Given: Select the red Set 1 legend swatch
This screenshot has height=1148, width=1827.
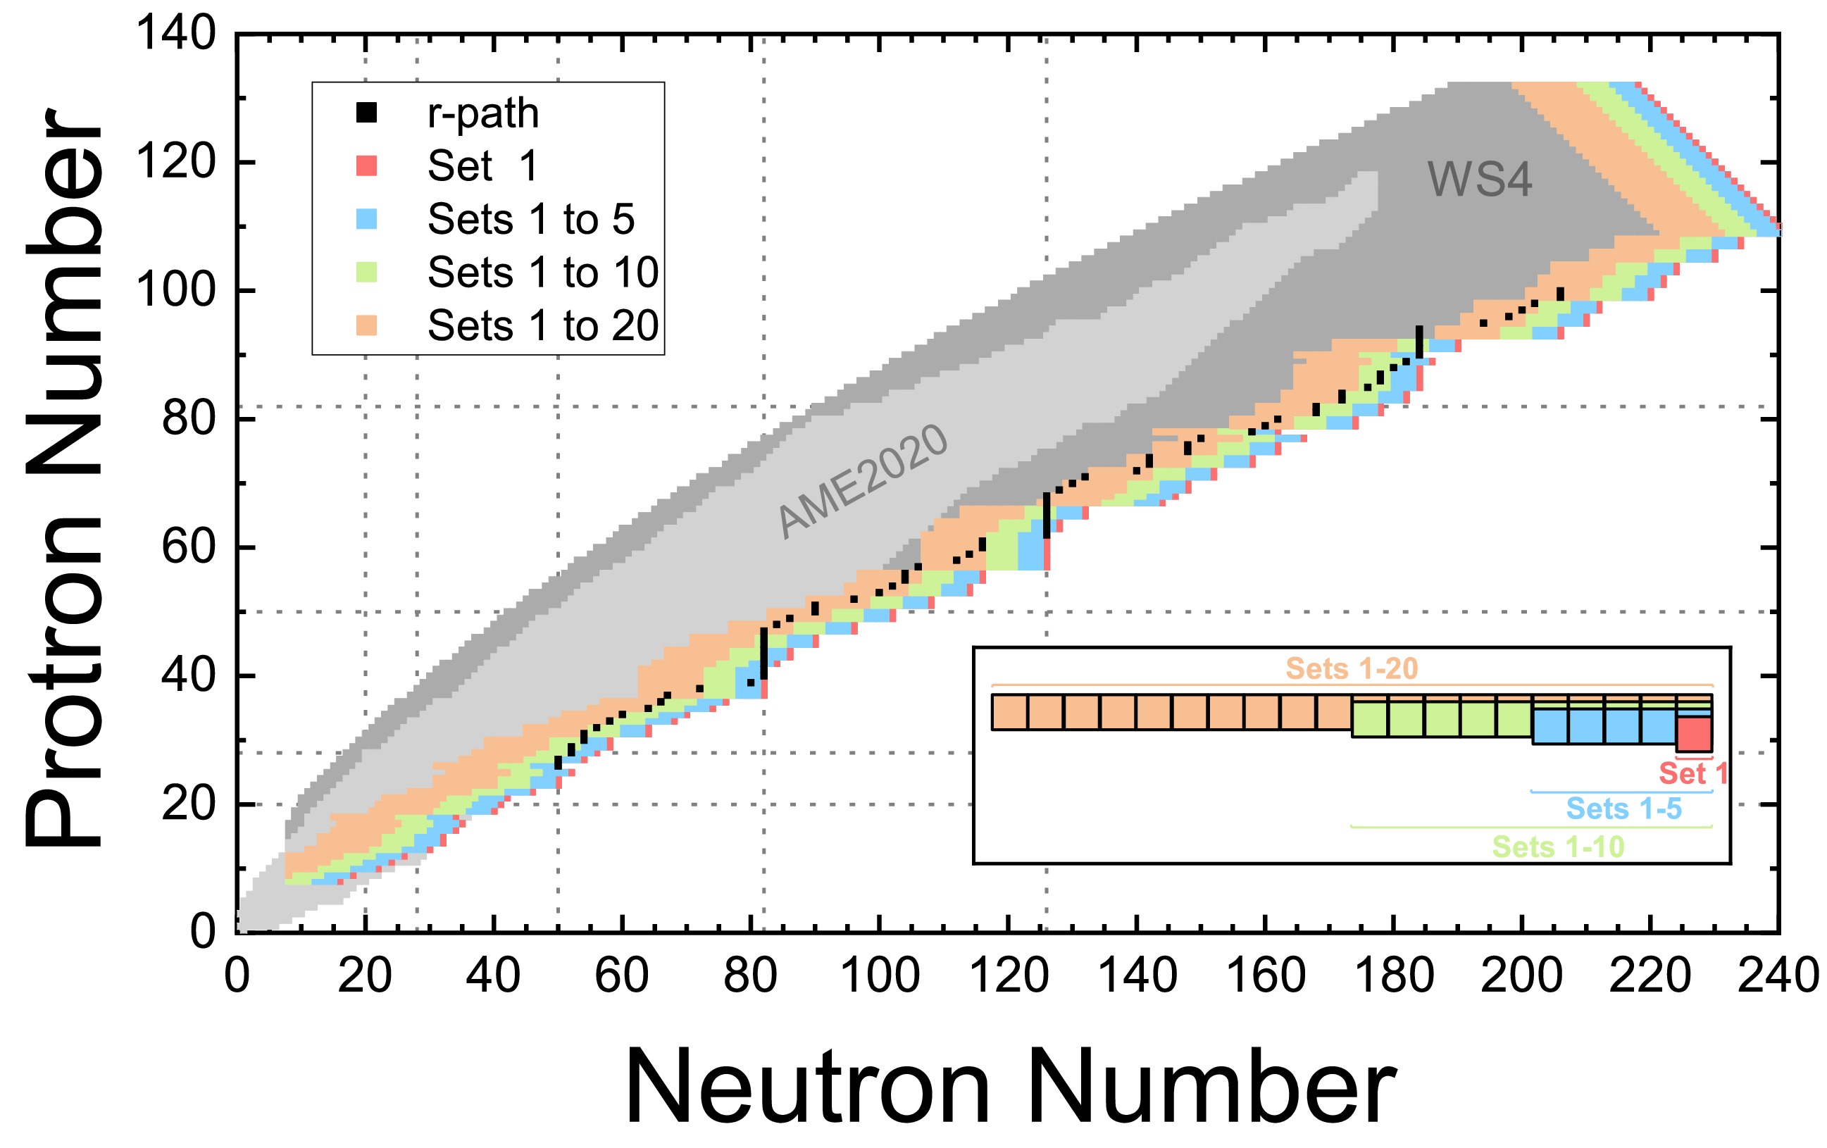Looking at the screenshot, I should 366,166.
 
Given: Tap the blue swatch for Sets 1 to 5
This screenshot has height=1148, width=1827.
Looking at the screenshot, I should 366,219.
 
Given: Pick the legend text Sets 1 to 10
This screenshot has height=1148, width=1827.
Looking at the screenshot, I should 542,273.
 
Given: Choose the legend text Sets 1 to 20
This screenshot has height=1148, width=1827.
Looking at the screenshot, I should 542,325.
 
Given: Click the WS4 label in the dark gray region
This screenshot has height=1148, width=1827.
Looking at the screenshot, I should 1479,180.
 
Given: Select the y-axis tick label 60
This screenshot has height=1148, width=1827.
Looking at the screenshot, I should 188,547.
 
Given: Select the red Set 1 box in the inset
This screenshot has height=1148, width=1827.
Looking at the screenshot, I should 1693,734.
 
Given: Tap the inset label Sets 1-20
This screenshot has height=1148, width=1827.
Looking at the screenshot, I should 1352,668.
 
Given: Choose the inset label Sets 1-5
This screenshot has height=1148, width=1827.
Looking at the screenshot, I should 1623,809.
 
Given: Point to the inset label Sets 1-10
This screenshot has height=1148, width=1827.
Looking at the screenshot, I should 1558,846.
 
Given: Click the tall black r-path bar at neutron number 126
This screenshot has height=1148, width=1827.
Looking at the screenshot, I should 1047,516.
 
